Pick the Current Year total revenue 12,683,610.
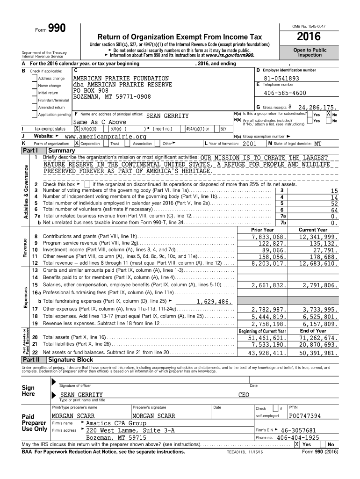pos(318,263)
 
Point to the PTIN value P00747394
pos(305,416)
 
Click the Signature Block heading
pos(71,360)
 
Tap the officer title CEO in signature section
pos(244,395)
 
